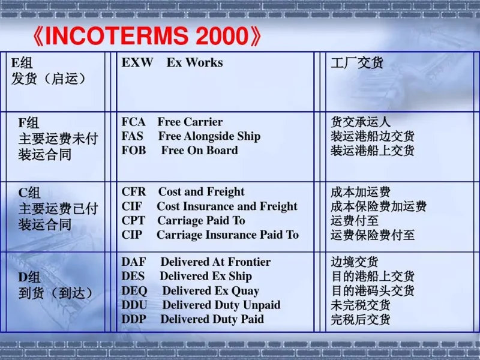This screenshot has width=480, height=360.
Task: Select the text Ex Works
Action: coord(194,62)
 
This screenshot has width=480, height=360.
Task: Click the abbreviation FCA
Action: coord(133,122)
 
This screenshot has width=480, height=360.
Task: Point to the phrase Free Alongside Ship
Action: coord(209,136)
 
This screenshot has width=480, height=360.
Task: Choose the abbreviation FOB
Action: coord(134,151)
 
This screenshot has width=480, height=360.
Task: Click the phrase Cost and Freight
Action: coord(201,192)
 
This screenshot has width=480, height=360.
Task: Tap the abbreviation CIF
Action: coord(132,206)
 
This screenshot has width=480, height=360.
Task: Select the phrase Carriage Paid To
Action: coord(201,221)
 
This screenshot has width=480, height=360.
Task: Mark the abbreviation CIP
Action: coord(132,235)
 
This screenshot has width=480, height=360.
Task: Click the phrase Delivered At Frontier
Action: coord(215,262)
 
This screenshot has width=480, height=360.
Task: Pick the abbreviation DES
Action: coord(133,277)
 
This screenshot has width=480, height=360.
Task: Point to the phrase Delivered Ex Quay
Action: coord(211,291)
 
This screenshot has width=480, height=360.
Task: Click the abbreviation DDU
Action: coord(134,305)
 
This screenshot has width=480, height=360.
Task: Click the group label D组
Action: coord(29,277)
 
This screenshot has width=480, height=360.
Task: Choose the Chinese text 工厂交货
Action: coord(357,63)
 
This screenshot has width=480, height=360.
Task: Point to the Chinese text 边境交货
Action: coord(355,262)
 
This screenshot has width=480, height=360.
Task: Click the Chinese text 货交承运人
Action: coord(361,122)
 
